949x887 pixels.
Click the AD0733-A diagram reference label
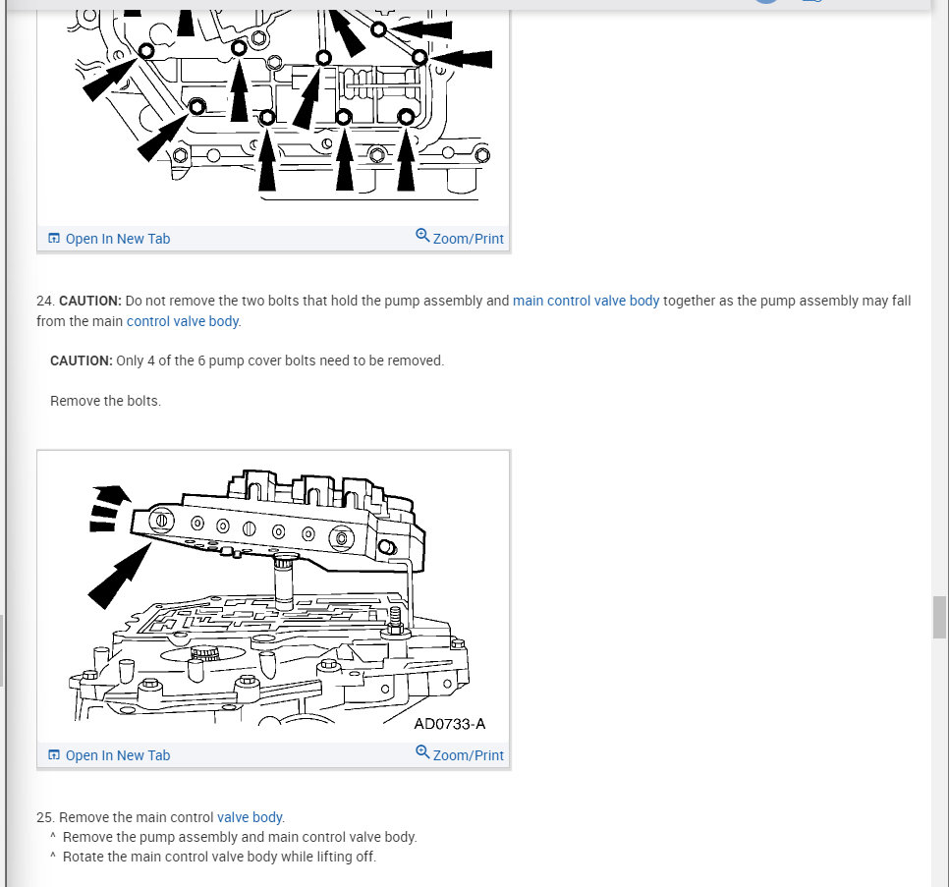(450, 724)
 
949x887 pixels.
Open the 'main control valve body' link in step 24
(586, 301)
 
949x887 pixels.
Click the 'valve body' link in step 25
(250, 817)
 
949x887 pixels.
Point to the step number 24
(45, 301)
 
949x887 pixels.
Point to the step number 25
(45, 817)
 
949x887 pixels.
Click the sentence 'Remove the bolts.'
(105, 401)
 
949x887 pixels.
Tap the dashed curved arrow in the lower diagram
(108, 507)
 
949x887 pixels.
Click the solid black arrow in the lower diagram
(120, 576)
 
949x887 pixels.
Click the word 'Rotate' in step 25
(82, 857)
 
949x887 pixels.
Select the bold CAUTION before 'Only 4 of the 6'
(82, 360)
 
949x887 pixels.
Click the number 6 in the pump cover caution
(201, 360)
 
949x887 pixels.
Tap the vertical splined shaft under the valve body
(284, 582)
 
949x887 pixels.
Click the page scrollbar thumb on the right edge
(939, 617)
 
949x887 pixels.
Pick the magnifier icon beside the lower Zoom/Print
(422, 752)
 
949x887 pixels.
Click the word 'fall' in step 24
(901, 301)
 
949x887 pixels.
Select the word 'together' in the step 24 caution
(689, 301)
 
